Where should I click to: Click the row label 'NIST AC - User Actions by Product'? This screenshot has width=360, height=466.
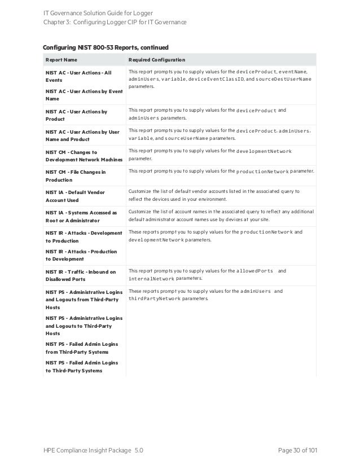coord(76,115)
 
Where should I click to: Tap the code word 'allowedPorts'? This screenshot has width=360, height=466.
coord(255,271)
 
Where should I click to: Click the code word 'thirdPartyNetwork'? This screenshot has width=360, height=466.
coord(155,298)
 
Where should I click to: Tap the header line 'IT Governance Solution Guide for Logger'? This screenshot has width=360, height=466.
coord(99,12)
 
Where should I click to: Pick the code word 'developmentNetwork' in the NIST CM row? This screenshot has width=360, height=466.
coord(264,151)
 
